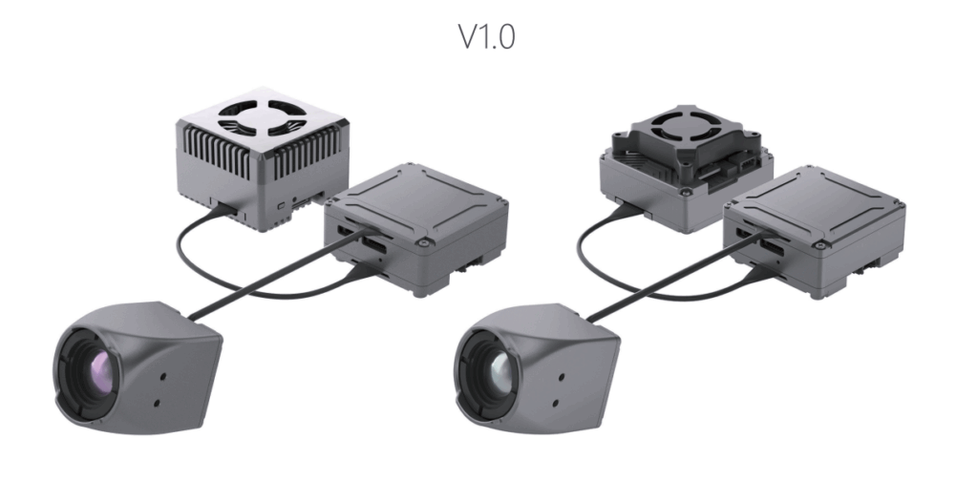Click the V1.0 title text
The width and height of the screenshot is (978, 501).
487,37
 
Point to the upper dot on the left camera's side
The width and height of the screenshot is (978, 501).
164,376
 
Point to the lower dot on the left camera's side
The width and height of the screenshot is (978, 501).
157,403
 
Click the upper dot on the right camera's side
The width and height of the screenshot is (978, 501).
562,377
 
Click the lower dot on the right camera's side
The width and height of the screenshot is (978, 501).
555,403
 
